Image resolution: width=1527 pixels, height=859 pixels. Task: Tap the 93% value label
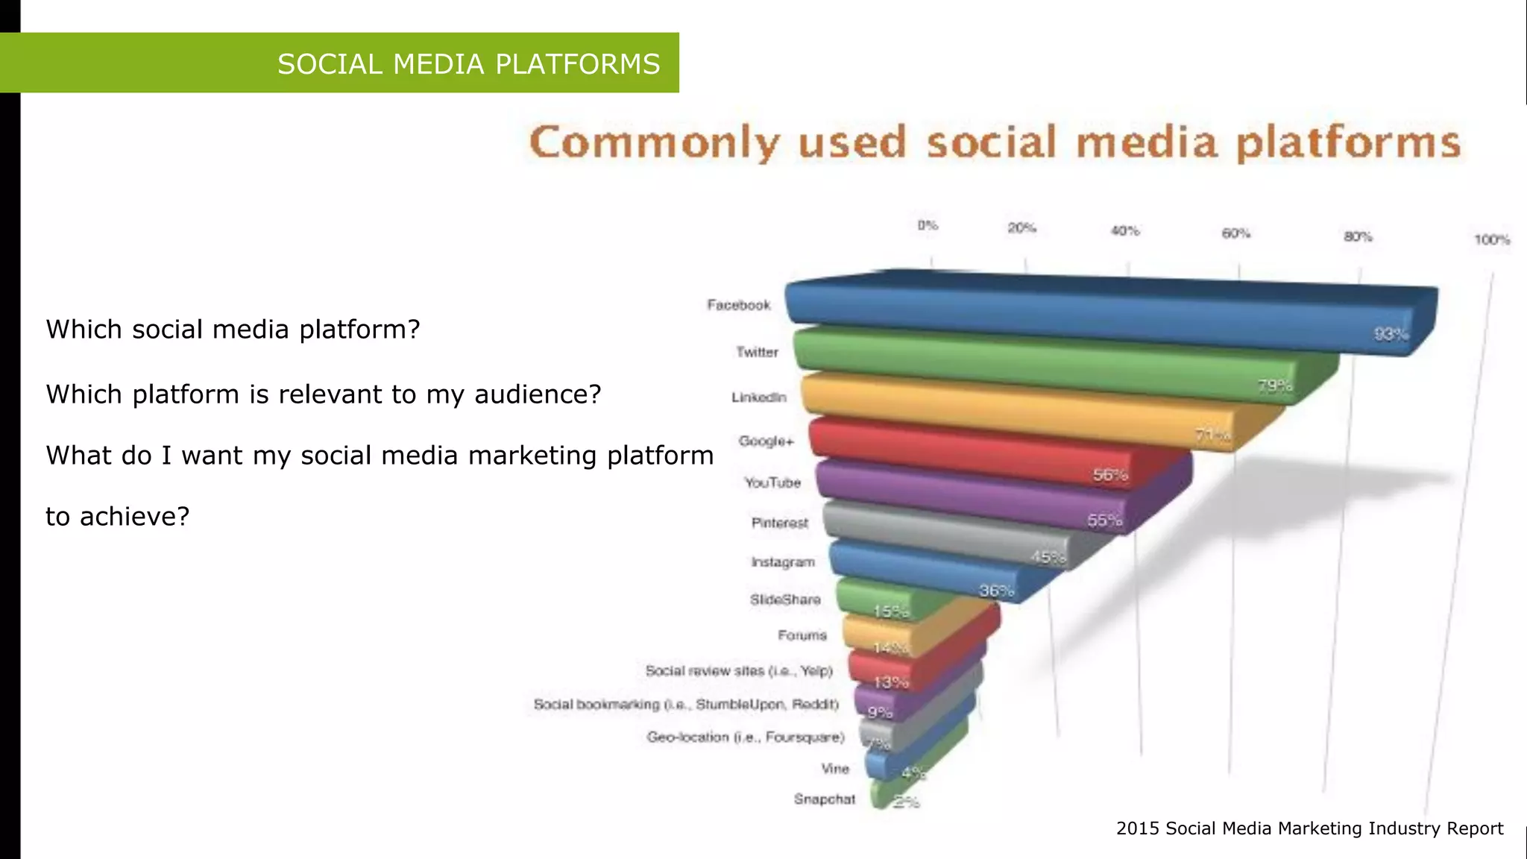pos(1391,334)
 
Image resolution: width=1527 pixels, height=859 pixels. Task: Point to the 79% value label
pos(1275,386)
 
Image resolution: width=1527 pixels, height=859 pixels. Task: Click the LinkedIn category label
pos(758,397)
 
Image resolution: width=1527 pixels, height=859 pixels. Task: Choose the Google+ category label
pos(766,441)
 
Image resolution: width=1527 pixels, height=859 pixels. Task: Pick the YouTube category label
pos(772,482)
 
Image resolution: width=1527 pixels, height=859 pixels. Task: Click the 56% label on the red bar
pos(1110,475)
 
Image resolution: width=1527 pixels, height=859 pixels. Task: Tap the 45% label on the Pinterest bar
pos(1048,558)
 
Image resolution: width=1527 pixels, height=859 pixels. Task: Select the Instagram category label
pos(782,561)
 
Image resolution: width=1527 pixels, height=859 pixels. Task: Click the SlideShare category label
pos(785,600)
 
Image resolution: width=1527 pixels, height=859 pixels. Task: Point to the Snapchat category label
pos(824,799)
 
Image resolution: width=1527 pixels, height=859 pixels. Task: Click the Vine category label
pos(835,769)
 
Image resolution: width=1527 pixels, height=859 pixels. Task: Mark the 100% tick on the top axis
pos(1491,240)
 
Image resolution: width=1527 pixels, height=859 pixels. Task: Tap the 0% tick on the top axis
pos(928,225)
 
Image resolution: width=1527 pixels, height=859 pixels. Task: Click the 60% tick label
pos(1235,233)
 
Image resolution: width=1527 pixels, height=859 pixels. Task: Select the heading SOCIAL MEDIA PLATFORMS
pos(468,64)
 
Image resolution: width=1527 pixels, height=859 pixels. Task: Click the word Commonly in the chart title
pos(655,142)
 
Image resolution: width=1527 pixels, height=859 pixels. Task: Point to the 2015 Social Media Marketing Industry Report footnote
pos(1309,828)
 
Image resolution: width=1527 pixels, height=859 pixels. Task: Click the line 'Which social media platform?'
pos(233,329)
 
